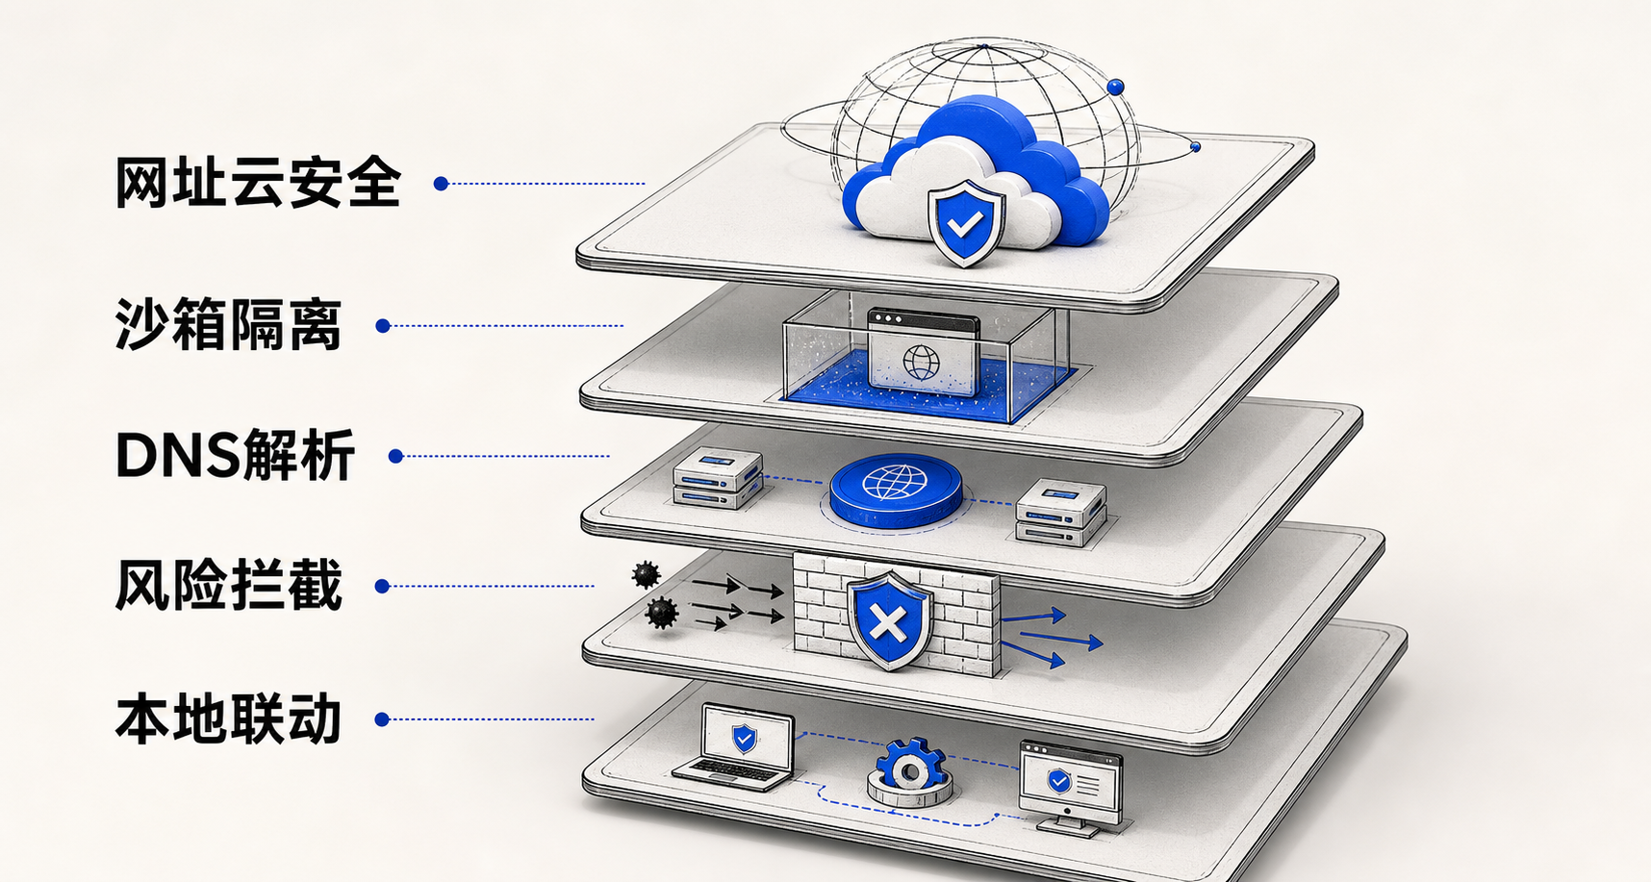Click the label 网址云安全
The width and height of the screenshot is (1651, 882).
[x=258, y=183]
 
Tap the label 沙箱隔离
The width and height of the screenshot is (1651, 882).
[x=229, y=325]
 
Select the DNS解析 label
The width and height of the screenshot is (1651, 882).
[x=236, y=455]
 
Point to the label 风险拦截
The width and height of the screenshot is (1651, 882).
[x=229, y=585]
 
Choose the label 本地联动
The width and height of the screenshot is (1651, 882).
[x=229, y=718]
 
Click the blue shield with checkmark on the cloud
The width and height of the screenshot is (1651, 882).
[x=966, y=223]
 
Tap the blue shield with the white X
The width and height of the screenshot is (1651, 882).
[x=890, y=621]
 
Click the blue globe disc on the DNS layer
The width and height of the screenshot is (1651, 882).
[x=895, y=491]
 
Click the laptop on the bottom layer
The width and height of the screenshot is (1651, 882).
[x=736, y=747]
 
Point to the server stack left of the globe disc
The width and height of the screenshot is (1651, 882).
[x=718, y=480]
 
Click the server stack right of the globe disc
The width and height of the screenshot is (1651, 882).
[x=1061, y=513]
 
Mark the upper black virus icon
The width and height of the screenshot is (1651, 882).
[x=646, y=575]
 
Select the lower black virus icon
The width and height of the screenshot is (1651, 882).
[x=661, y=613]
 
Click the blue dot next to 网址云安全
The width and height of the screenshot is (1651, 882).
[x=441, y=184]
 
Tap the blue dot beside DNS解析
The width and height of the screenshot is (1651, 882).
[x=395, y=456]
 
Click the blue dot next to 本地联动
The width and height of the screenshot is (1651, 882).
[x=382, y=719]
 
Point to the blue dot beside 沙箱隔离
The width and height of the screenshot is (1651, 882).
[x=383, y=326]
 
